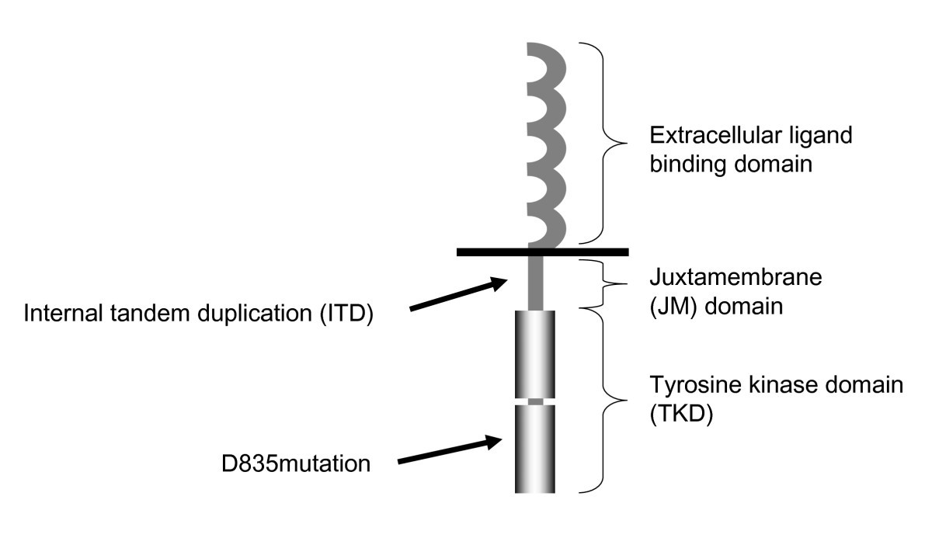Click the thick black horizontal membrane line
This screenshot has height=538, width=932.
[x=542, y=252]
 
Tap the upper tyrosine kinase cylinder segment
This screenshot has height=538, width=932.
[x=535, y=353]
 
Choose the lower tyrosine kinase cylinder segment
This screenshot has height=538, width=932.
[x=535, y=449]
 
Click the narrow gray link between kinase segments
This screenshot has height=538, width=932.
[x=535, y=401]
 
